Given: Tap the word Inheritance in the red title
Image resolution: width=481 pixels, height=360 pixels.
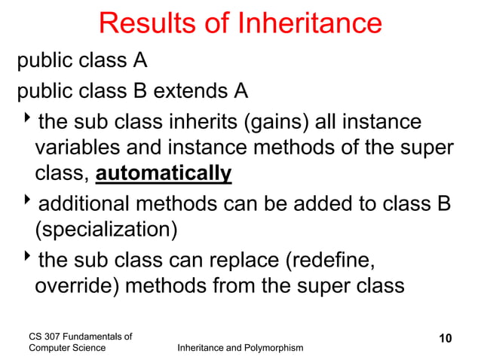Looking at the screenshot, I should (309, 24).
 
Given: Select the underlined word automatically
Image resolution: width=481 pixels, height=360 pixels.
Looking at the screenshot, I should (164, 174).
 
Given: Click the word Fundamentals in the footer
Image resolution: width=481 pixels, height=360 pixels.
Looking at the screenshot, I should (95, 335).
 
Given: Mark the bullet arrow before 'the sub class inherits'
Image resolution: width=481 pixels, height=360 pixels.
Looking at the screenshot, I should (28, 120).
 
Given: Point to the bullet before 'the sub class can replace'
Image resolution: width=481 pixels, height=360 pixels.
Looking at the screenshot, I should (28, 258).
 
